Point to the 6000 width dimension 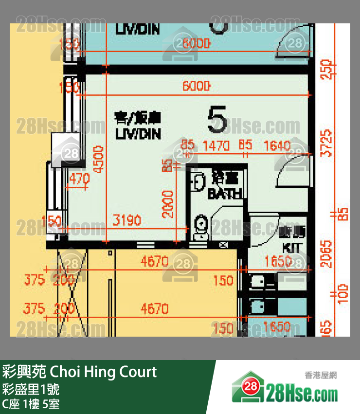tap(196, 86)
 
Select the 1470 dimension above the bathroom tap(216, 145)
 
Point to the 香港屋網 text tap(321, 375)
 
